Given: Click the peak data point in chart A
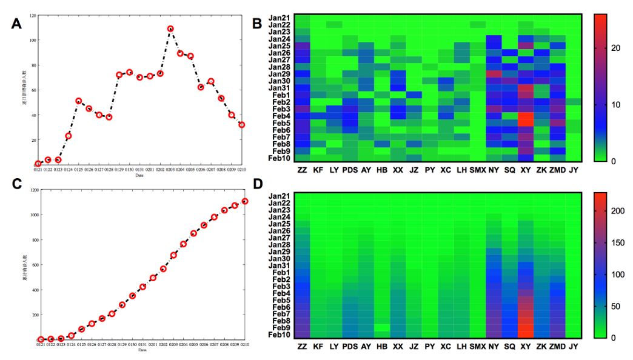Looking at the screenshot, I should pyautogui.click(x=170, y=28).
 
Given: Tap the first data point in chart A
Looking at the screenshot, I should pyautogui.click(x=38, y=164).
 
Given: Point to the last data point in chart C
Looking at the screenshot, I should pyautogui.click(x=245, y=201).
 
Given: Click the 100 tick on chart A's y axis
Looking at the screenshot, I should pyautogui.click(x=32, y=40).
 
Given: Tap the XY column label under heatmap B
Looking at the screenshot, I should pyautogui.click(x=525, y=171).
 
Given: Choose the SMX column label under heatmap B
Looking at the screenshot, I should pyautogui.click(x=478, y=171).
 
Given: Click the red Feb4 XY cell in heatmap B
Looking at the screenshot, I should pyautogui.click(x=525, y=116).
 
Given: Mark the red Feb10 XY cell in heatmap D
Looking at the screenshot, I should pyautogui.click(x=525, y=334).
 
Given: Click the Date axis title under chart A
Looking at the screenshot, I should pyautogui.click(x=140, y=175).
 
